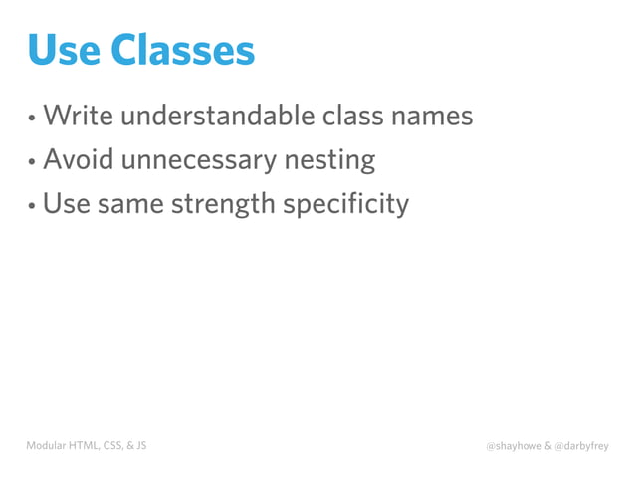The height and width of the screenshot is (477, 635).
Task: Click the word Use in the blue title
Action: coord(65,50)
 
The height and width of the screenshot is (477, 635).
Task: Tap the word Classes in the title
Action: coord(182,50)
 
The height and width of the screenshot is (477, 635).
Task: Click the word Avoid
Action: coord(77,159)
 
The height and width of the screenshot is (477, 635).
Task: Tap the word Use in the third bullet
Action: coord(65,204)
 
